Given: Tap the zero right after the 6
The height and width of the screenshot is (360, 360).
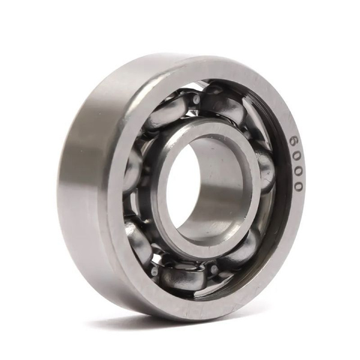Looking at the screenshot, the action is pos(298,155).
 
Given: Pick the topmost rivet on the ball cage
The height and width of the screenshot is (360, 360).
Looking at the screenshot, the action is pos(196,99).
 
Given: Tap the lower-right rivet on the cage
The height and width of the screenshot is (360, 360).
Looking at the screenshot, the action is pos(214,268).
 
